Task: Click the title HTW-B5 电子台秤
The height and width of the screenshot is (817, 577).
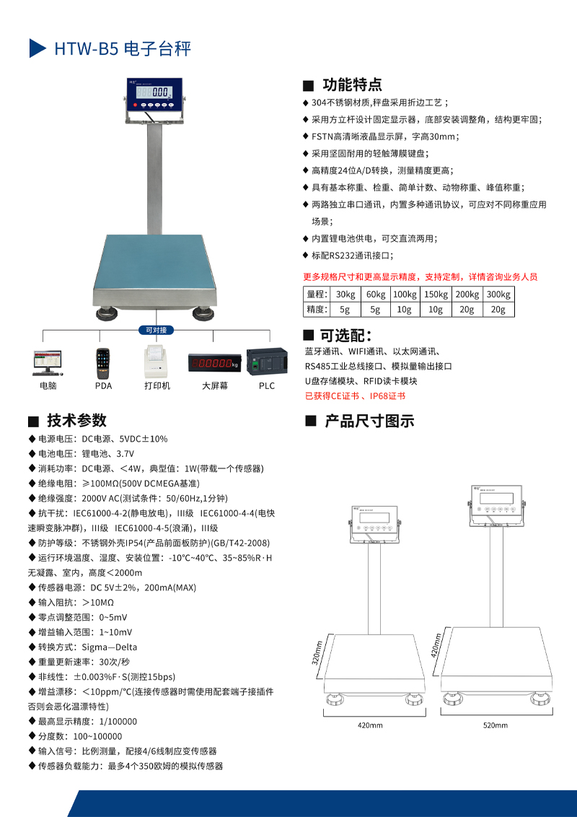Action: point(123,49)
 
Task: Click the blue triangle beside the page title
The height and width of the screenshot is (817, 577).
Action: point(37,48)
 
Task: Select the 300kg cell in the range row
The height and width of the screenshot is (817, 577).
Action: point(498,294)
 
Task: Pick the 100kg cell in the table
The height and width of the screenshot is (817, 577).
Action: point(405,294)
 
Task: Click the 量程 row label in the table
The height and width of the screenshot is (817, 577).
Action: point(316,294)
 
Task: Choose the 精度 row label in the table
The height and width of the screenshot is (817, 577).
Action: point(316,310)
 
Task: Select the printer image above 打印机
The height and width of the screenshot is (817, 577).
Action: point(157,361)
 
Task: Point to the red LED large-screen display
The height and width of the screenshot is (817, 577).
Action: point(213,362)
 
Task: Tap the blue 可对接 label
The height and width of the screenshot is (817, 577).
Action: point(156,331)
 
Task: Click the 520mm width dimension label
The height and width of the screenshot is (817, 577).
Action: point(495,725)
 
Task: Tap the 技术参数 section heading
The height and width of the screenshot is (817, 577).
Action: point(76,421)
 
